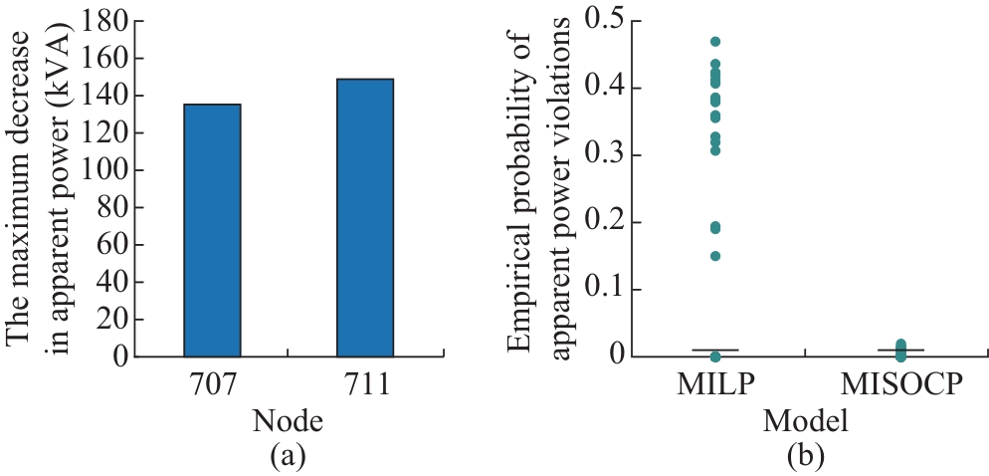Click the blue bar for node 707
[x=212, y=229]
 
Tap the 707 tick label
[x=212, y=384]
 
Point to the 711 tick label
[x=365, y=384]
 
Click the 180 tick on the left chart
[x=107, y=21]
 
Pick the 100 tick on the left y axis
[x=107, y=170]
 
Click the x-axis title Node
[x=289, y=420]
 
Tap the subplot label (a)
[x=289, y=456]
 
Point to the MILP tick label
[x=714, y=384]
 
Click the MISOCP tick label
[x=901, y=384]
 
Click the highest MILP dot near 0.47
[x=714, y=42]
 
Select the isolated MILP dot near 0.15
[x=714, y=256]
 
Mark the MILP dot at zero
[x=714, y=356]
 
